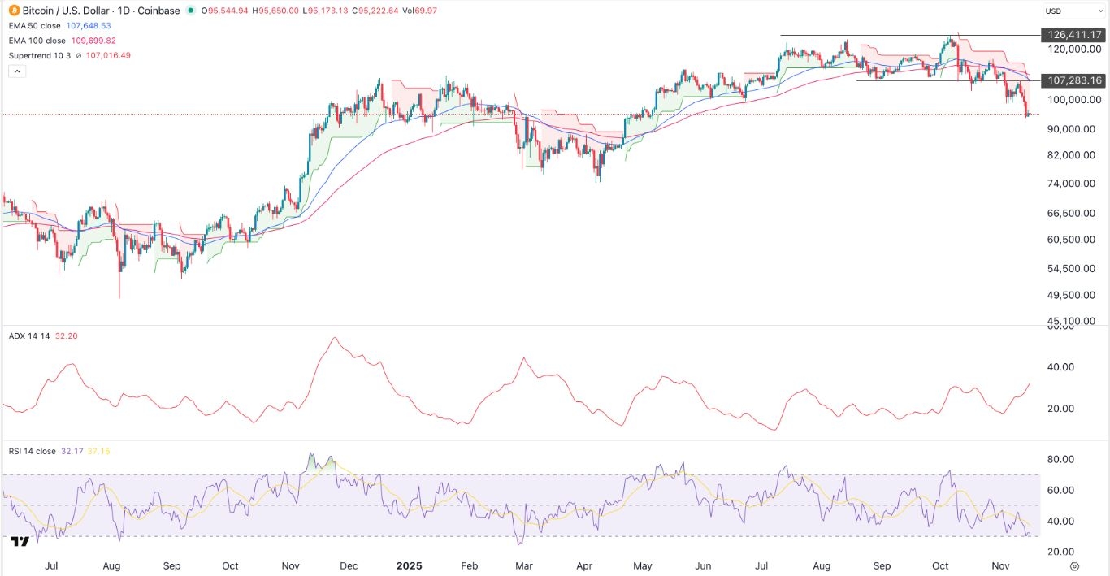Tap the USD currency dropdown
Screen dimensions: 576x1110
pyautogui.click(x=1073, y=11)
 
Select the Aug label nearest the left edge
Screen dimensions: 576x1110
pyautogui.click(x=112, y=565)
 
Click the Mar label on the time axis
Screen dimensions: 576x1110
pyautogui.click(x=525, y=565)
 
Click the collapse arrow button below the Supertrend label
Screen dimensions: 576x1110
pyautogui.click(x=16, y=71)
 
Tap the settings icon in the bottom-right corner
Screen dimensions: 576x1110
pyautogui.click(x=1074, y=565)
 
